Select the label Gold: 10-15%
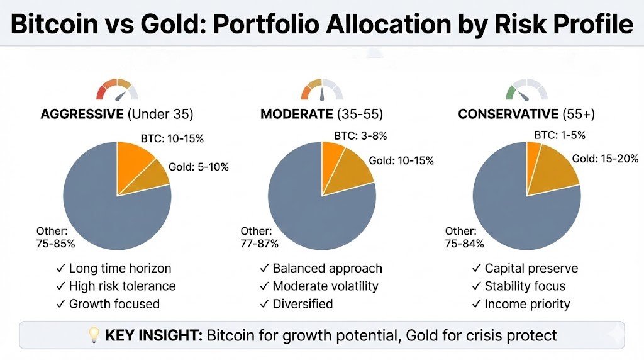[401, 160]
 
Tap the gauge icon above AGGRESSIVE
[117, 91]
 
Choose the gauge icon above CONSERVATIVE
[526, 91]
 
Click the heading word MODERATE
[296, 114]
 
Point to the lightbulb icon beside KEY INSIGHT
[94, 335]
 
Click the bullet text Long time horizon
[119, 268]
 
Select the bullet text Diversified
[303, 304]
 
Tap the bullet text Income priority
[527, 304]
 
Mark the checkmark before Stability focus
[476, 286]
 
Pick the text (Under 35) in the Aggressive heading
[160, 114]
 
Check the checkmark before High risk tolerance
[61, 286]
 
